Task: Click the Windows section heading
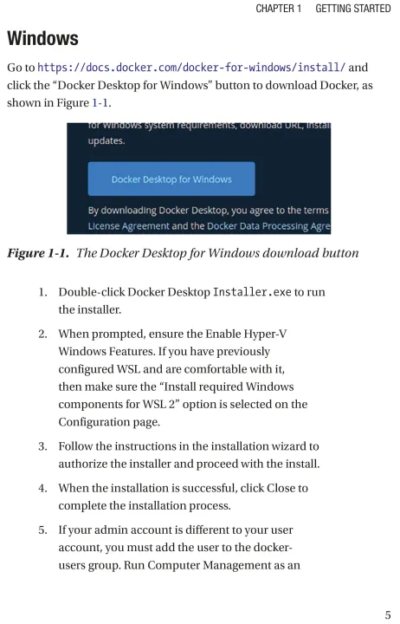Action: point(42,38)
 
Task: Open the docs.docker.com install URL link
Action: point(191,68)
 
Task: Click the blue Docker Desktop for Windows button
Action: point(171,179)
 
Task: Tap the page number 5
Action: point(388,614)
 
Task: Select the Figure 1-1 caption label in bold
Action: point(38,253)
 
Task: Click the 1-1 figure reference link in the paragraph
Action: point(100,102)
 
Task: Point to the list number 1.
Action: point(42,292)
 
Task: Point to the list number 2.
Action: point(42,334)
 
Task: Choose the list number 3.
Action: point(42,446)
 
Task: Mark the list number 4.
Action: point(42,488)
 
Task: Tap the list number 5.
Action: point(42,530)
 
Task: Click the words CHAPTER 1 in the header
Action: point(279,9)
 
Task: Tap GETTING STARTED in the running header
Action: point(353,9)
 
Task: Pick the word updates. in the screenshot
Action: point(106,141)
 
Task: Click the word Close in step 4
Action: point(281,488)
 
